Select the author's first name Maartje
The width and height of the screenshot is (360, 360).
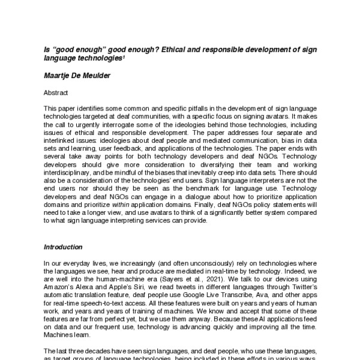[61, 76]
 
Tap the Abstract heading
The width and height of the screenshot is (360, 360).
[58, 93]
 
